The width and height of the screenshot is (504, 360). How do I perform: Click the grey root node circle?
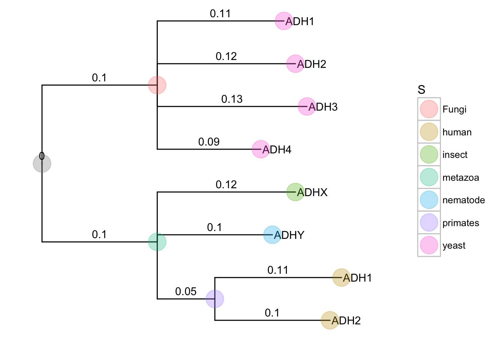(42, 163)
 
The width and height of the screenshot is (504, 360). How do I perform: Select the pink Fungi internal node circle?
(157, 85)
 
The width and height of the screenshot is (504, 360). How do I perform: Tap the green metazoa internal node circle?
(157, 242)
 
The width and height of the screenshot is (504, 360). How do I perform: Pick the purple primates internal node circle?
(215, 299)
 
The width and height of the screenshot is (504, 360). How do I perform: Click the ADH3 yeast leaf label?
(323, 107)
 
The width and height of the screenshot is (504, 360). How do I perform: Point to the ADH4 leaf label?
(277, 150)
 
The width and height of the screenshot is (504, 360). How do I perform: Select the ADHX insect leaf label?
(312, 192)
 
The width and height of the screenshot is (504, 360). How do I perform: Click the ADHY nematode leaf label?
(289, 235)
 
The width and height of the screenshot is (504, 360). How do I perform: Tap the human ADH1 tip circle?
(342, 278)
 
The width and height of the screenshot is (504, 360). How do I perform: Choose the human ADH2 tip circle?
(330, 321)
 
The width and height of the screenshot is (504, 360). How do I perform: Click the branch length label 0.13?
(232, 99)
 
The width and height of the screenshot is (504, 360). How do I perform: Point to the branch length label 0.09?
(209, 142)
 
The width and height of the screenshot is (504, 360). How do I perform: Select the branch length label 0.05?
(186, 291)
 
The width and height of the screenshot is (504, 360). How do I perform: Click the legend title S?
(421, 90)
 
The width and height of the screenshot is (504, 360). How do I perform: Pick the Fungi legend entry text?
(454, 109)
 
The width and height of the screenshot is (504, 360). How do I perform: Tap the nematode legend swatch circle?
(429, 200)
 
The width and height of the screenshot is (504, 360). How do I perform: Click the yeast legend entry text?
(454, 246)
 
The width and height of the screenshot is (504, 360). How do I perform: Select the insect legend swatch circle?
(429, 154)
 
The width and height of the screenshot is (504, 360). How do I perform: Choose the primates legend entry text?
(460, 223)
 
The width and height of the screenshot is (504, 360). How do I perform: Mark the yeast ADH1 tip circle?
(284, 21)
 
